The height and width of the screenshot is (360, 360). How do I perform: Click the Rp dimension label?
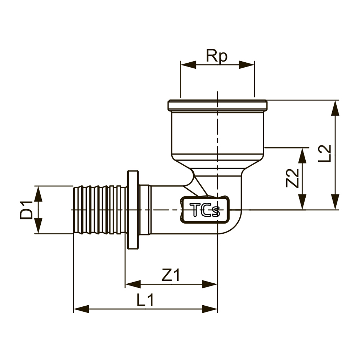click(x=217, y=56)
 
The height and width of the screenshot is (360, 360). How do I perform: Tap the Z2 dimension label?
click(x=292, y=178)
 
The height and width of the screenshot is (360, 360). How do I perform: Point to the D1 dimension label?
click(x=26, y=210)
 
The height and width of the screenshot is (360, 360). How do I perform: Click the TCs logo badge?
click(x=204, y=210)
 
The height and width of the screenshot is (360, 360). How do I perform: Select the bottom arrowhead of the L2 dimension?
click(x=336, y=202)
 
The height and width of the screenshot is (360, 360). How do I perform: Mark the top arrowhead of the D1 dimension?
click(x=38, y=194)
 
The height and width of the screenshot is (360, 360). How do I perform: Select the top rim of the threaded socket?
click(x=217, y=105)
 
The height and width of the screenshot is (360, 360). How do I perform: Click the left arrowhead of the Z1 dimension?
click(x=133, y=284)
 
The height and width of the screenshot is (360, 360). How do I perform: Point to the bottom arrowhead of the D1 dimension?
click(x=38, y=226)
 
